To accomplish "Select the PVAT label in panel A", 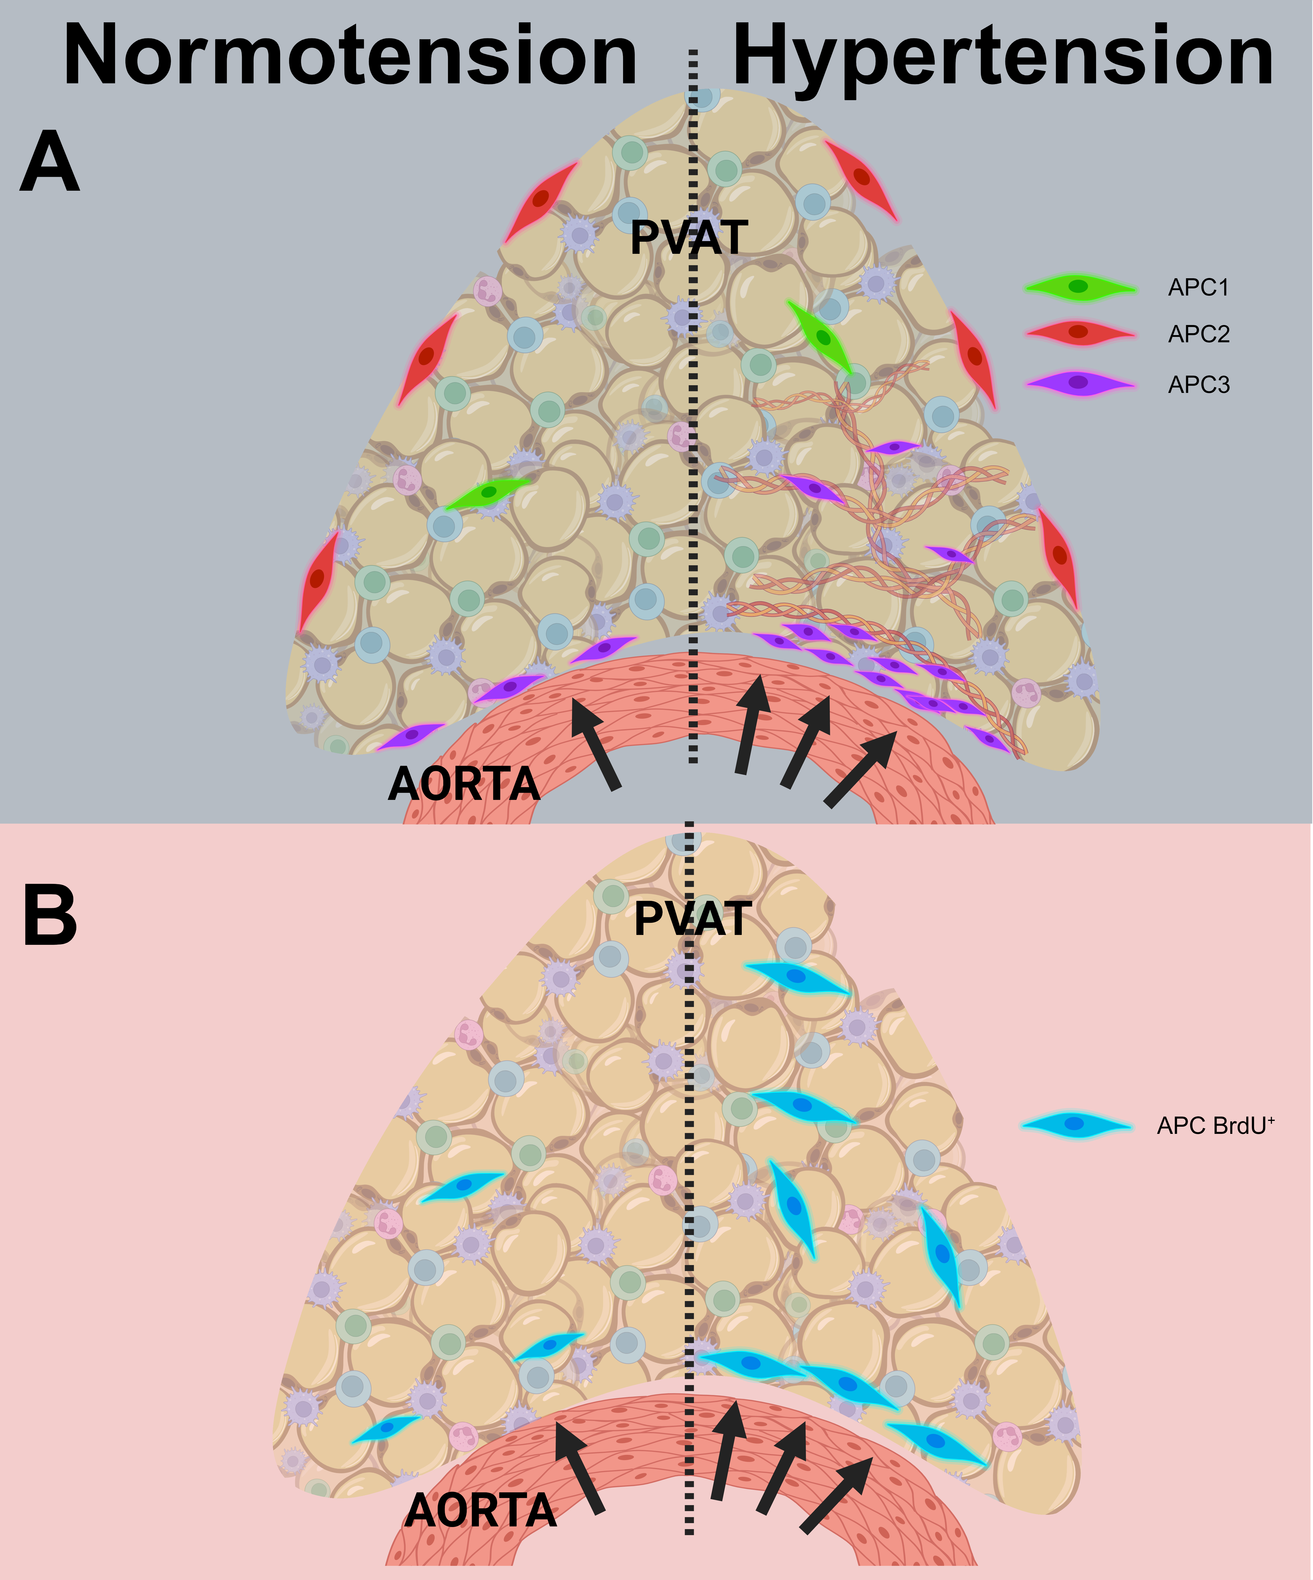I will [x=689, y=238].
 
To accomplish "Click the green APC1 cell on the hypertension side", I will [x=820, y=336].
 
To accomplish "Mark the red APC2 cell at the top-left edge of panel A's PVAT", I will [x=540, y=202].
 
